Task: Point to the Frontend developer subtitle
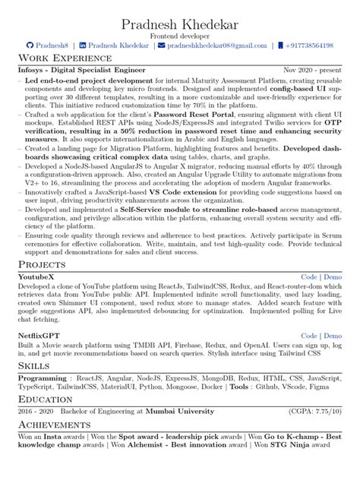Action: pyautogui.click(x=179, y=34)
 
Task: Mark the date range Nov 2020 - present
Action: pyautogui.click(x=312, y=70)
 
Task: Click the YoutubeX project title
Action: pyautogui.click(x=36, y=277)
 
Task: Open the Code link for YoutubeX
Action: pyautogui.click(x=309, y=277)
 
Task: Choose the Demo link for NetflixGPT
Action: pyautogui.click(x=332, y=335)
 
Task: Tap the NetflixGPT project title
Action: pyautogui.click(x=39, y=335)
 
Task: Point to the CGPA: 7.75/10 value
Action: pyautogui.click(x=315, y=412)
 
